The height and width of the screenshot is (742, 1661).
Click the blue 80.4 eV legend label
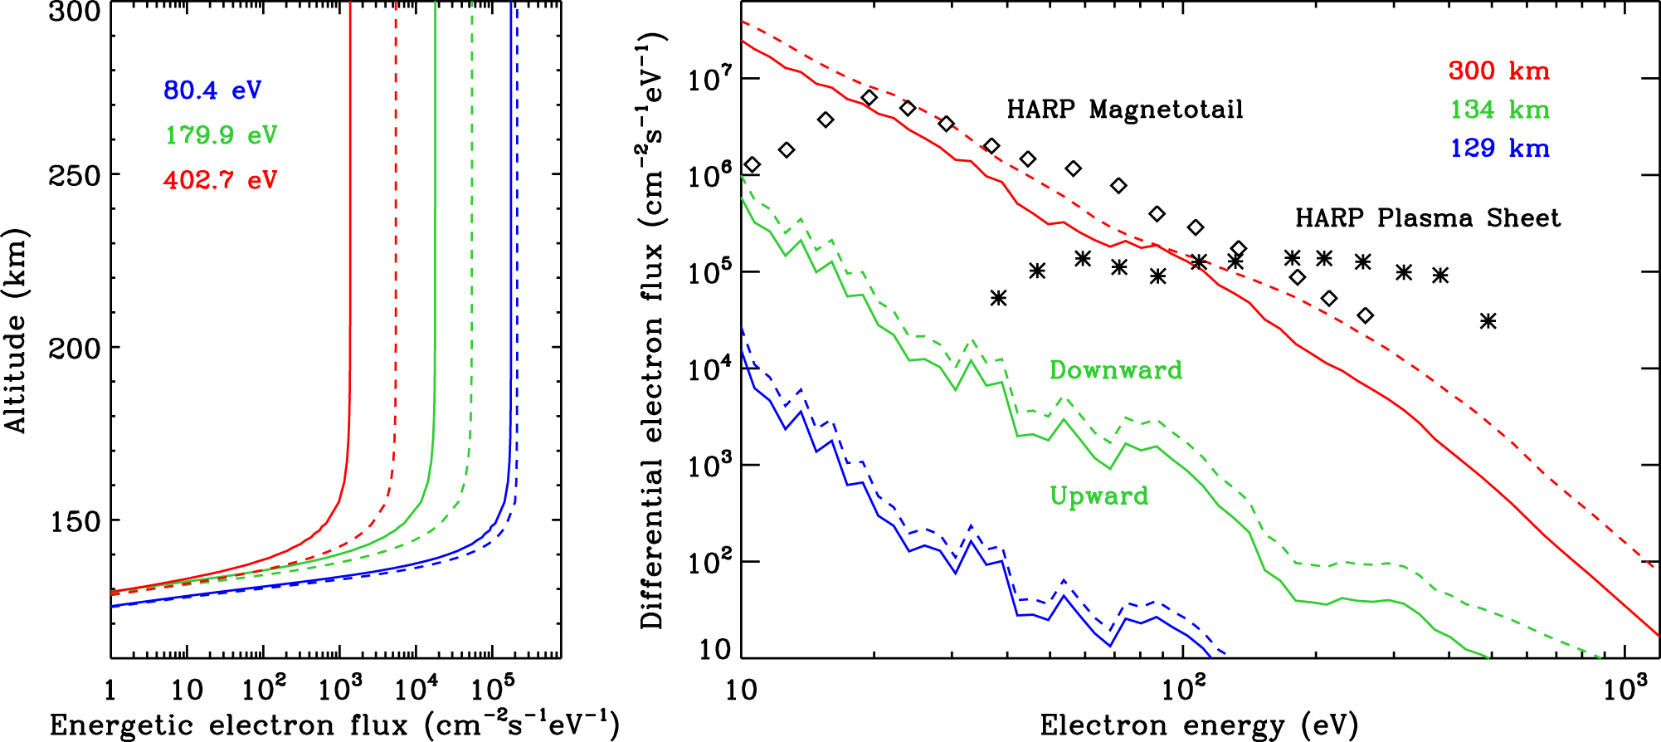212,90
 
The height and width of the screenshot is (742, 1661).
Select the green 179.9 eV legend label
221,134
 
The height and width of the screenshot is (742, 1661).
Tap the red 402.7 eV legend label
221,179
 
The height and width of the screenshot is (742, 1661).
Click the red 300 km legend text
1498,71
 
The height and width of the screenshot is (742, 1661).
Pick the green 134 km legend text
1498,110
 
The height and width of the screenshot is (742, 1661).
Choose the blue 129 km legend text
1498,148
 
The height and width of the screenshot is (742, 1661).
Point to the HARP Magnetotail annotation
1124,110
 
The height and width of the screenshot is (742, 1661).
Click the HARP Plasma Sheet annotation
1427,218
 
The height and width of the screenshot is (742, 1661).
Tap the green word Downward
1115,369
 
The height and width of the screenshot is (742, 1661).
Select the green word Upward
1098,495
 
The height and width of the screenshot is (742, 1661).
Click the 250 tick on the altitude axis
74,176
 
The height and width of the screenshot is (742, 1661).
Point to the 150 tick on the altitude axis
74,522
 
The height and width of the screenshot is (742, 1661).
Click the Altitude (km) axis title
17,330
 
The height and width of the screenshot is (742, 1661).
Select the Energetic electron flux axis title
334,725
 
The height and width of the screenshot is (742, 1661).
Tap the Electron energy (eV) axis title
1198,725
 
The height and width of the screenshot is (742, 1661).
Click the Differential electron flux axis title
652,330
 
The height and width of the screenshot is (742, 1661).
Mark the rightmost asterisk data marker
1488,320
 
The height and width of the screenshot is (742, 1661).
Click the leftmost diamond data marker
752,165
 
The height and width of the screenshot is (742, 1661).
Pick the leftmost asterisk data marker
998,298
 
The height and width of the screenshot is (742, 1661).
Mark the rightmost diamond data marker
1366,315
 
